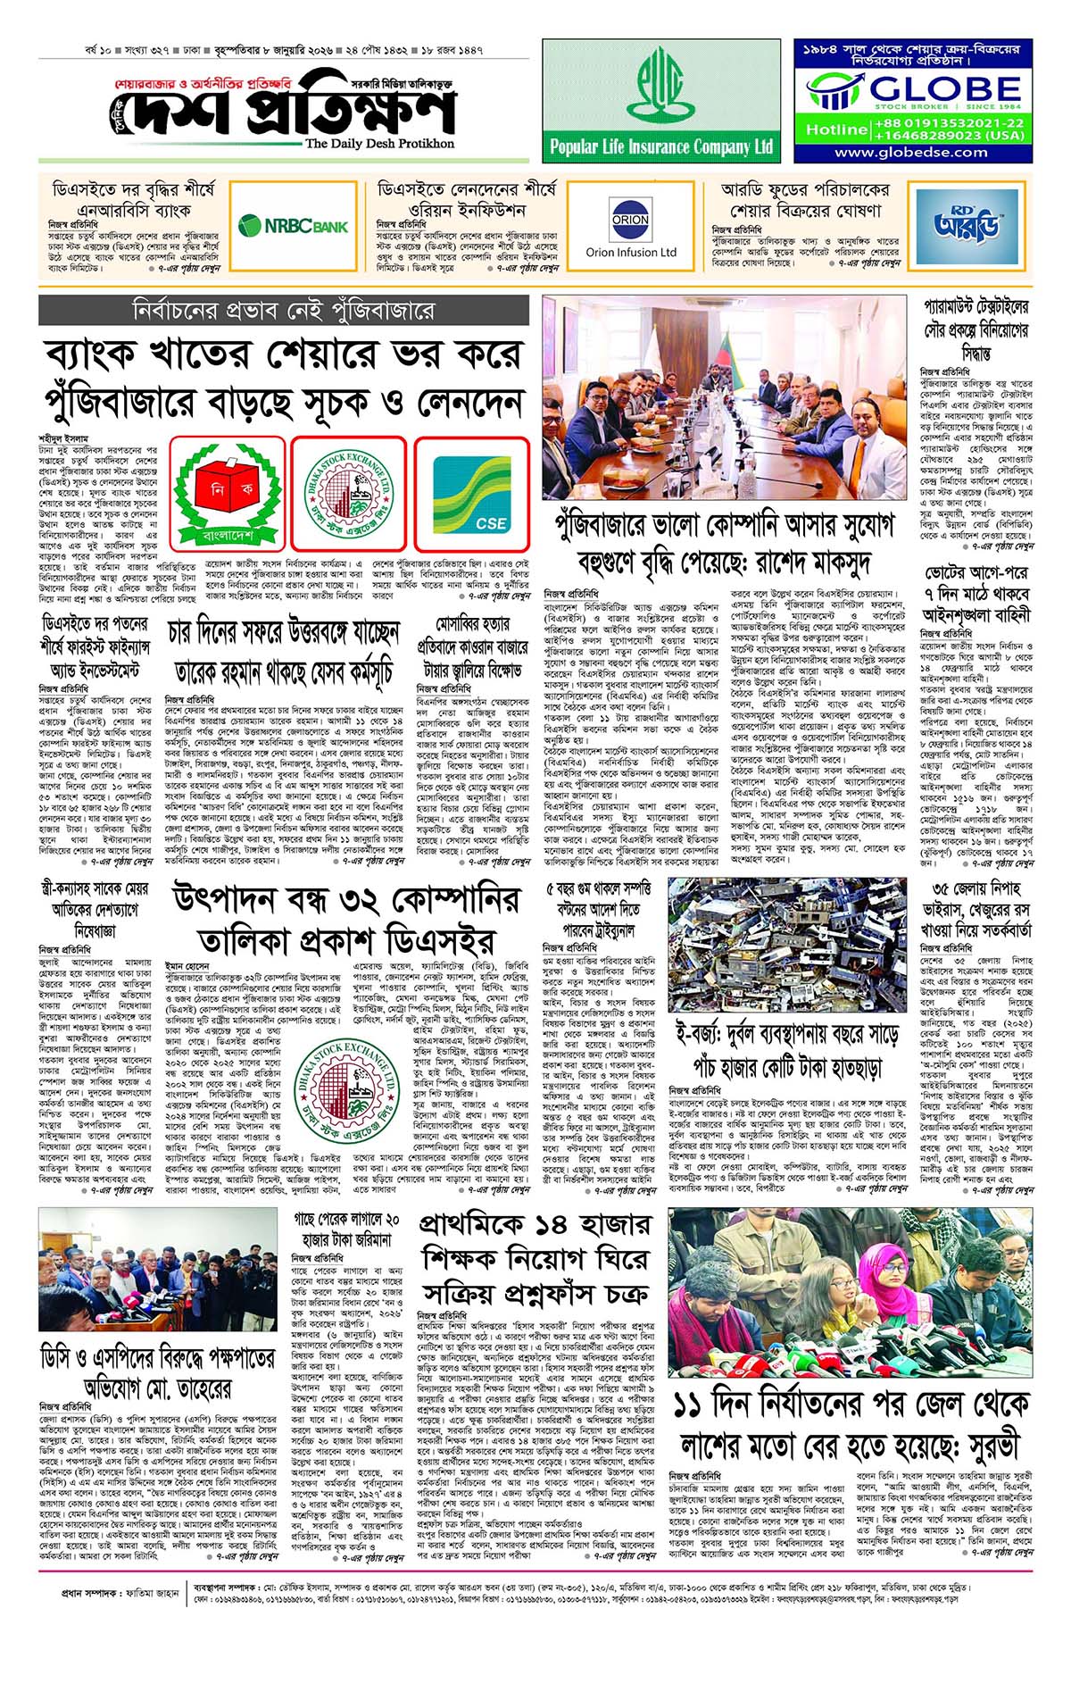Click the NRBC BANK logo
point(294,226)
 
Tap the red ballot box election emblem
point(228,494)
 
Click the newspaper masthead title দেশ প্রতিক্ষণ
point(286,111)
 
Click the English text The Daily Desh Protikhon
point(379,144)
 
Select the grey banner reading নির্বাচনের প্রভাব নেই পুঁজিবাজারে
point(284,311)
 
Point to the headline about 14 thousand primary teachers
point(535,1258)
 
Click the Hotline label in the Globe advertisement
point(836,129)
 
